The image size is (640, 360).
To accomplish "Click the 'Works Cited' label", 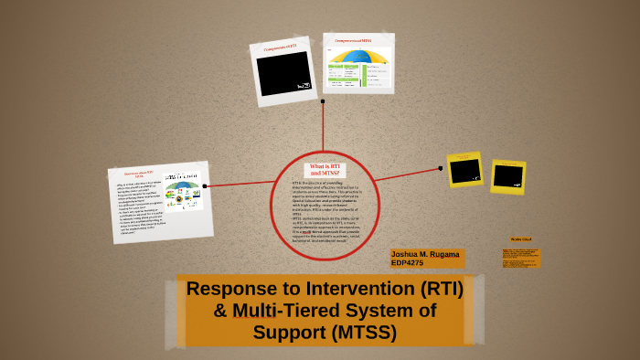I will (x=521, y=240).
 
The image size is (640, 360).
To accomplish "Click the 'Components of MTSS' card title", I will (x=353, y=40).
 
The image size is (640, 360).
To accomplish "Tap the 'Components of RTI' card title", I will (x=280, y=48).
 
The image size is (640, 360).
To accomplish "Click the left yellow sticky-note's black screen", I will (x=464, y=171).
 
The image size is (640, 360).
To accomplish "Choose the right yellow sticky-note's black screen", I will (x=507, y=176).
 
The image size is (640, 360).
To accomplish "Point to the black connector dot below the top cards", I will (x=322, y=101).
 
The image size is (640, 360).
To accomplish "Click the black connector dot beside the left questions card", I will (x=205, y=185).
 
